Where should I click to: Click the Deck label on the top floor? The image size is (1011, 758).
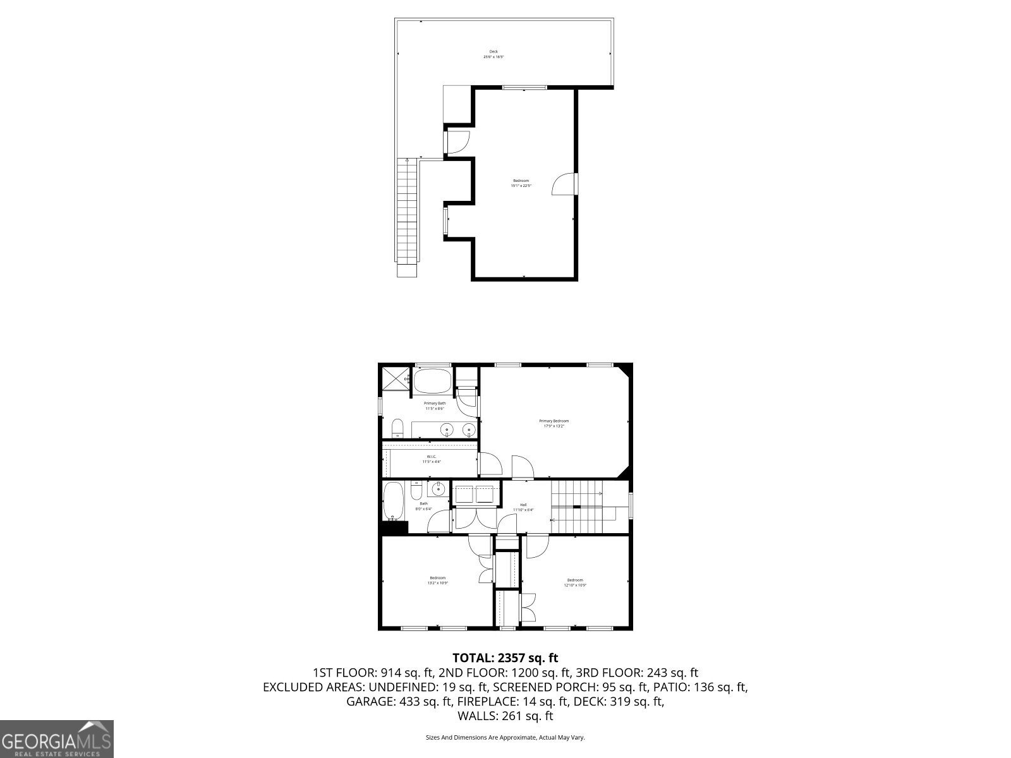[x=493, y=54]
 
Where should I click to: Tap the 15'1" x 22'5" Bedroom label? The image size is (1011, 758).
[x=521, y=183]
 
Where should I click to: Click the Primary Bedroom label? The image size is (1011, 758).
[x=554, y=423]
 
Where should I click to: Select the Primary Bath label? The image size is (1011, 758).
[x=435, y=406]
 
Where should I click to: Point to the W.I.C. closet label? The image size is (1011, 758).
[x=432, y=459]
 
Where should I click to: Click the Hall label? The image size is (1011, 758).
[x=523, y=507]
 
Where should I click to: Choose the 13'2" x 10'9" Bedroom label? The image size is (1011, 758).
[x=437, y=581]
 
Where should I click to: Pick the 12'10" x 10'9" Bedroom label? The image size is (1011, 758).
[x=575, y=582]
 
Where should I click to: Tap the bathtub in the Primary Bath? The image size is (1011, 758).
[x=432, y=382]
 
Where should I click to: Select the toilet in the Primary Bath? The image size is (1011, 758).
[x=397, y=428]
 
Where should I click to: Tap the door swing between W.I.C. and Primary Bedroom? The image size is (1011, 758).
[x=490, y=464]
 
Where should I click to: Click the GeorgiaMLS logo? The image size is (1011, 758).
[x=57, y=738]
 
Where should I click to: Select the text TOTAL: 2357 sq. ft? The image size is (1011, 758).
[x=505, y=658]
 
